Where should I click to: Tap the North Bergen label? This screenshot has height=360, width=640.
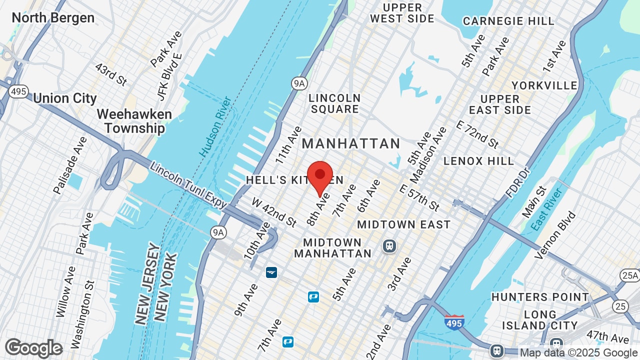[x=53, y=18]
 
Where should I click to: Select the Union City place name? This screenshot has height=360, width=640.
[x=65, y=98]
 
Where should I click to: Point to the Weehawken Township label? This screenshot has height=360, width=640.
[x=134, y=121]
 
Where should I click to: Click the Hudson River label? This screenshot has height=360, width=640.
[x=216, y=126]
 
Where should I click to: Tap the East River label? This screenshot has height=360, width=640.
[x=547, y=209]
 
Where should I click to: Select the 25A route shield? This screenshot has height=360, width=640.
[x=629, y=275]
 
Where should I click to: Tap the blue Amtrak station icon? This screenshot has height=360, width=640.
[x=271, y=272]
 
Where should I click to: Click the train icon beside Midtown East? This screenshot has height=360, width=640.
[x=389, y=245]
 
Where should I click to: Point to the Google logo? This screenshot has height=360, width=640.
[x=34, y=348]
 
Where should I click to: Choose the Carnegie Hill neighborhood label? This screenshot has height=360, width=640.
[x=508, y=21]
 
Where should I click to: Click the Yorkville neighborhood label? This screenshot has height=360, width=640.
[x=544, y=85]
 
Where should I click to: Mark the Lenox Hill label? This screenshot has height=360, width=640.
[x=478, y=161]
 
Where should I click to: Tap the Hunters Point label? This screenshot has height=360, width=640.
[x=540, y=297]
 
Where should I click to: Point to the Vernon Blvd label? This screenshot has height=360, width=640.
[x=555, y=235]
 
